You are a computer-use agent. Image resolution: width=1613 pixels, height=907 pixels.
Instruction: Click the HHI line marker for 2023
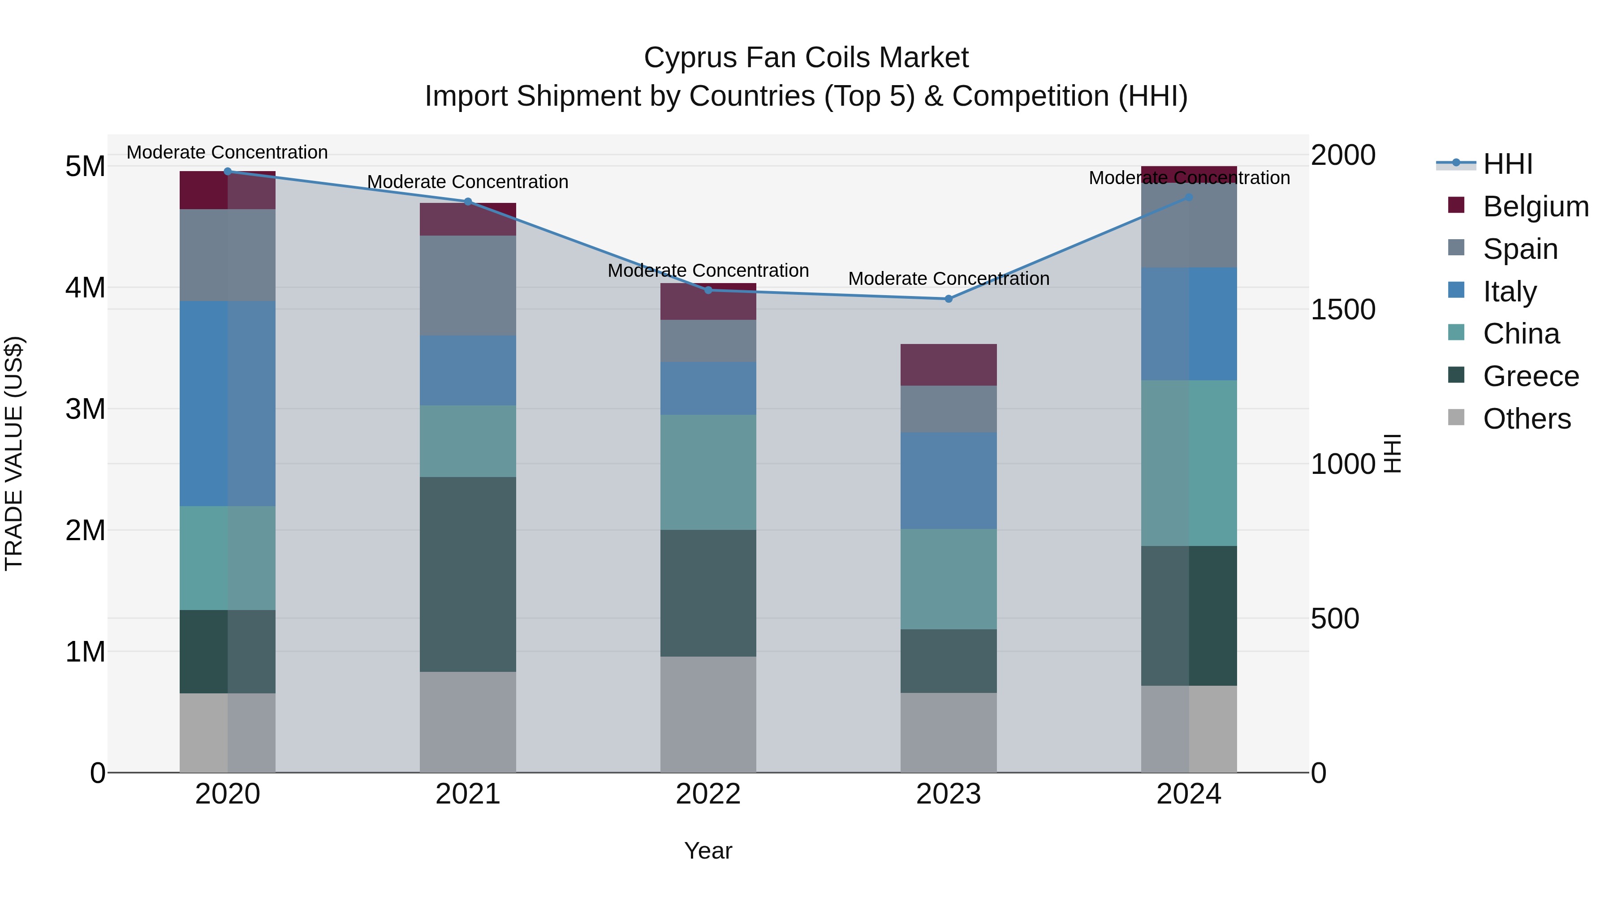[948, 299]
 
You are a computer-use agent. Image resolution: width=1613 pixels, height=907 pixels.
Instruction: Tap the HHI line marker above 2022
[708, 290]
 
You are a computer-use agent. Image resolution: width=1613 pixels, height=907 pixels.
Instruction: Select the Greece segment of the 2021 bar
[468, 574]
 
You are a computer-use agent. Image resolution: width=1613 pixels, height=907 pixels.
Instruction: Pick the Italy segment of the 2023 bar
[948, 480]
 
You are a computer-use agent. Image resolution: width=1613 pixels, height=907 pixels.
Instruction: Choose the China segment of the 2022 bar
[708, 472]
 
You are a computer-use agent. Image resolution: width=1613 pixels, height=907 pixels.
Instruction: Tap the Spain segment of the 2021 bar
[468, 285]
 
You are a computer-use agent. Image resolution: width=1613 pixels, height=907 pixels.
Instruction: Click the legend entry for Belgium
[1535, 206]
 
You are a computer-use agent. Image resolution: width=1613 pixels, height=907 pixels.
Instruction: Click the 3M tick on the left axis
[85, 409]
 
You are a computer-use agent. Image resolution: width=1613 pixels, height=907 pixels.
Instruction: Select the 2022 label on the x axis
[708, 794]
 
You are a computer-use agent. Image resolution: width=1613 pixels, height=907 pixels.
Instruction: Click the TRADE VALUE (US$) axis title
[14, 453]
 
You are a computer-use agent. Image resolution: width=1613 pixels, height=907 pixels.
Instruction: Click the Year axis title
[708, 851]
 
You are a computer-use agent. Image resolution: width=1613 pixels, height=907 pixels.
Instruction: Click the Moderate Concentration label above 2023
[948, 279]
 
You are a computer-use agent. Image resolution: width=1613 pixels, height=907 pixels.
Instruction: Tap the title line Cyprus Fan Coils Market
[806, 58]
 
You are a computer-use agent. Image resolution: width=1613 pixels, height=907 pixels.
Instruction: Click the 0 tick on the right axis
[1318, 773]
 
